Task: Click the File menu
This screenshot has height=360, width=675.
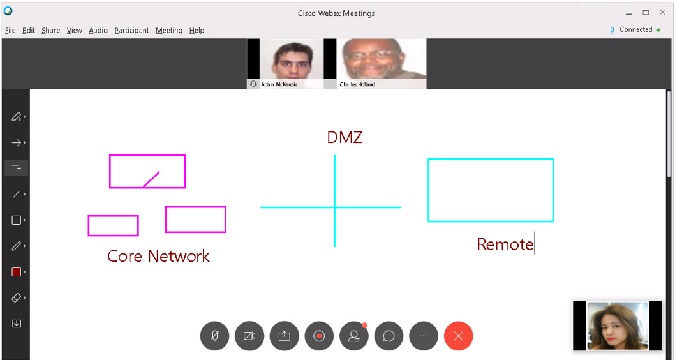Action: point(10,30)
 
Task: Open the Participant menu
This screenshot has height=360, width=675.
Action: point(131,31)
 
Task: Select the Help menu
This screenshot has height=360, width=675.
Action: point(197,31)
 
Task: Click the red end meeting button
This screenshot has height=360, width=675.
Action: point(459,336)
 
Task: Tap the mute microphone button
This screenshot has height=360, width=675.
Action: point(215,336)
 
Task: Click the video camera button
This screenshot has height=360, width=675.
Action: point(249,336)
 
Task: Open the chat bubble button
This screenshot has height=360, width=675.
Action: point(389,336)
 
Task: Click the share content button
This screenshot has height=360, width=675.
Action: point(285,336)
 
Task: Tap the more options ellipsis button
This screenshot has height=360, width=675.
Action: point(424,336)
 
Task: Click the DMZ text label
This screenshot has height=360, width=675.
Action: point(345,138)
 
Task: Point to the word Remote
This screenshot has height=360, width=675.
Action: point(505,244)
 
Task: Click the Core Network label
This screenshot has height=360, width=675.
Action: point(158,256)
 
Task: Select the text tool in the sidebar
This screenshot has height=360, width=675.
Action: point(17,169)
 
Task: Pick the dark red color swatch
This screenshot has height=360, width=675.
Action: point(17,272)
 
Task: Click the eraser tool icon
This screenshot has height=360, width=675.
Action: point(17,297)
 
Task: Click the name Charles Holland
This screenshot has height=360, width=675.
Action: point(357,84)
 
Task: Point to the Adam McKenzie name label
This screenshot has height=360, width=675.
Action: point(279,84)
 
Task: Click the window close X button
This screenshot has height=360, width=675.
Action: point(662,13)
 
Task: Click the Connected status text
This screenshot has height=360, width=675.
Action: point(636,29)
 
